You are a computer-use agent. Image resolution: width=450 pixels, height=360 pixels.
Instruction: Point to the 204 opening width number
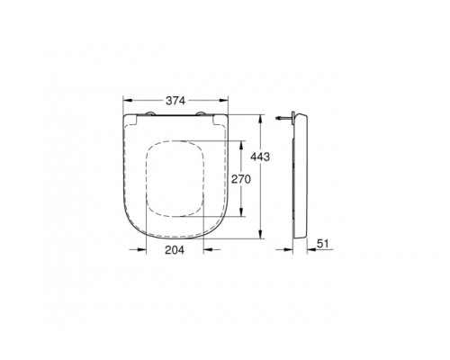(x=176, y=252)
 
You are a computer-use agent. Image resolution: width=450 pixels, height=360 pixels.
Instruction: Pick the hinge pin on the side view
(x=285, y=117)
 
